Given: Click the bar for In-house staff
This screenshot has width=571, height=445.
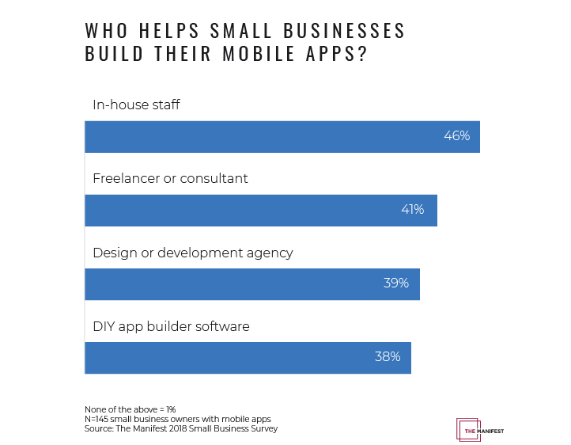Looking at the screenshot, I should pos(282,136).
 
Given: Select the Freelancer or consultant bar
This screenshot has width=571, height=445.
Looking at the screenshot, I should pos(260,210).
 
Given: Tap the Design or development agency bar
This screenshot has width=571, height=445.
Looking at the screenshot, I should pos(251,283).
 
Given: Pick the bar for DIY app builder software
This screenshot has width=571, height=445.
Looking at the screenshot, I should pos(248,357).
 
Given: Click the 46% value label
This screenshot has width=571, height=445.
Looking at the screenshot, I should pos(456,136).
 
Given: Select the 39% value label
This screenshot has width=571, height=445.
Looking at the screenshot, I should pos(395,283).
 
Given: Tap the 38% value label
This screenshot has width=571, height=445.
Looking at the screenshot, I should pos(388,357).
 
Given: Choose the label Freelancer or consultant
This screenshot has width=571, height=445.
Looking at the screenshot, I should pos(170,179).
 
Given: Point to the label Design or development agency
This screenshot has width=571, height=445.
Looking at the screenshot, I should pos(192,253).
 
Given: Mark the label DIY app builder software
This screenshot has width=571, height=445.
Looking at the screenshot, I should pos(171,326).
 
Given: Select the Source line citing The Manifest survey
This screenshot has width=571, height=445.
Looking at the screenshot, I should pos(181,428).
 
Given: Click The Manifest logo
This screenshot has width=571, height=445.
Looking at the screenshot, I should pos(480,430).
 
